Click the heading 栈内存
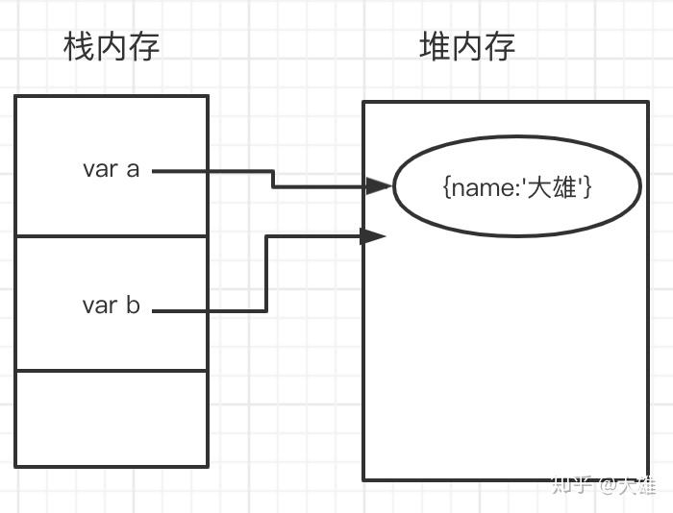coord(111,46)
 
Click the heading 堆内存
coord(467,46)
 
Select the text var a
coord(111,169)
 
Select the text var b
coord(111,305)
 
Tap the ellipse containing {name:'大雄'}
coord(517,154)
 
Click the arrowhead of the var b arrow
coord(373,235)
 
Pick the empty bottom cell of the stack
coord(111,418)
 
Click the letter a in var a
coord(132,170)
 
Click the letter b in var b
coord(133,305)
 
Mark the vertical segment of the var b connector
coord(265,273)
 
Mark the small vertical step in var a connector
coord(273,179)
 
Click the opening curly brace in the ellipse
coord(447,186)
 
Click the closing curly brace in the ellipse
coord(586,186)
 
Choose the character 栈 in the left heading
coord(78,46)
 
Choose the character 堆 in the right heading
coord(435,46)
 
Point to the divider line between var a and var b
coord(111,235)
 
